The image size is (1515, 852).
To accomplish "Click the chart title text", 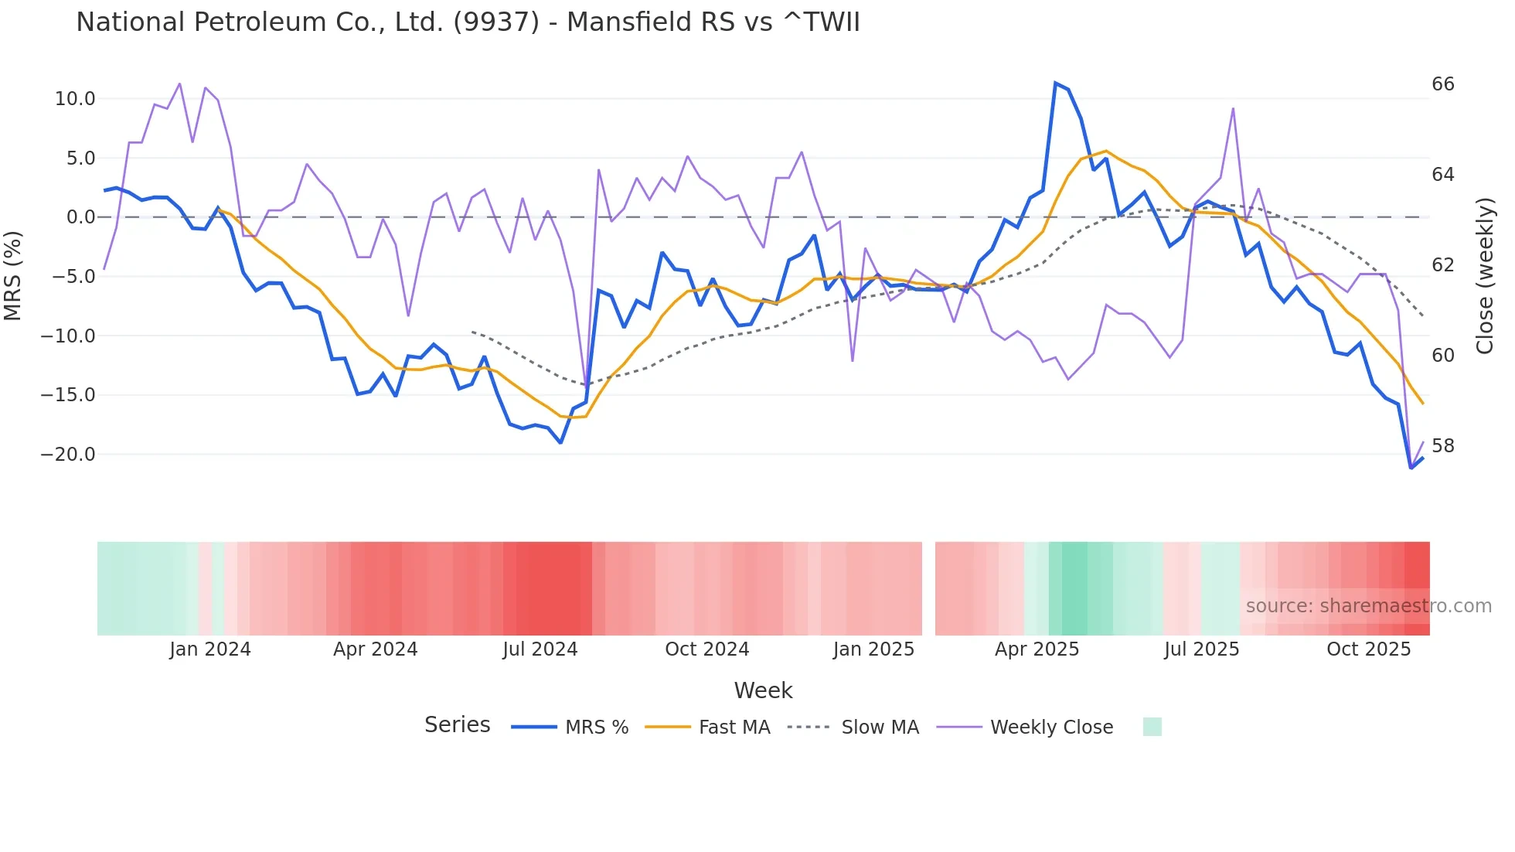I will tap(468, 22).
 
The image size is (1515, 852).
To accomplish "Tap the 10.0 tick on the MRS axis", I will tap(74, 99).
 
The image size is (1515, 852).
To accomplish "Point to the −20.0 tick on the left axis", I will tap(68, 455).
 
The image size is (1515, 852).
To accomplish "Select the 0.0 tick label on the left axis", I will tap(80, 217).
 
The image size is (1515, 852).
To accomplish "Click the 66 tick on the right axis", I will tap(1442, 84).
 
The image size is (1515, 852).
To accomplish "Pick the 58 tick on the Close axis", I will tap(1442, 446).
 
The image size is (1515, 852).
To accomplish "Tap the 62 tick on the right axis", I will tap(1442, 265).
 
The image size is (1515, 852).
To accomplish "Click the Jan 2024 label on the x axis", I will tap(210, 649).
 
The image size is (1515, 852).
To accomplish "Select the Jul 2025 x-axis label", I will tap(1201, 649).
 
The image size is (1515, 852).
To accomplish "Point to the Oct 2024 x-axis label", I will tap(706, 649).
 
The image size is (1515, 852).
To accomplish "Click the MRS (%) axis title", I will tap(13, 276).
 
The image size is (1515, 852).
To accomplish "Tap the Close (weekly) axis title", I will tap(1484, 276).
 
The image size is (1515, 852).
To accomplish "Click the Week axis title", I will tap(763, 690).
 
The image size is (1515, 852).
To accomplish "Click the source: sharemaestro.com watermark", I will tap(1368, 606).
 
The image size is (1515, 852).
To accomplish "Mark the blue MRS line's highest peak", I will tap(1056, 83).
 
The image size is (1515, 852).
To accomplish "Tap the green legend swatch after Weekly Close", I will tap(1152, 727).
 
